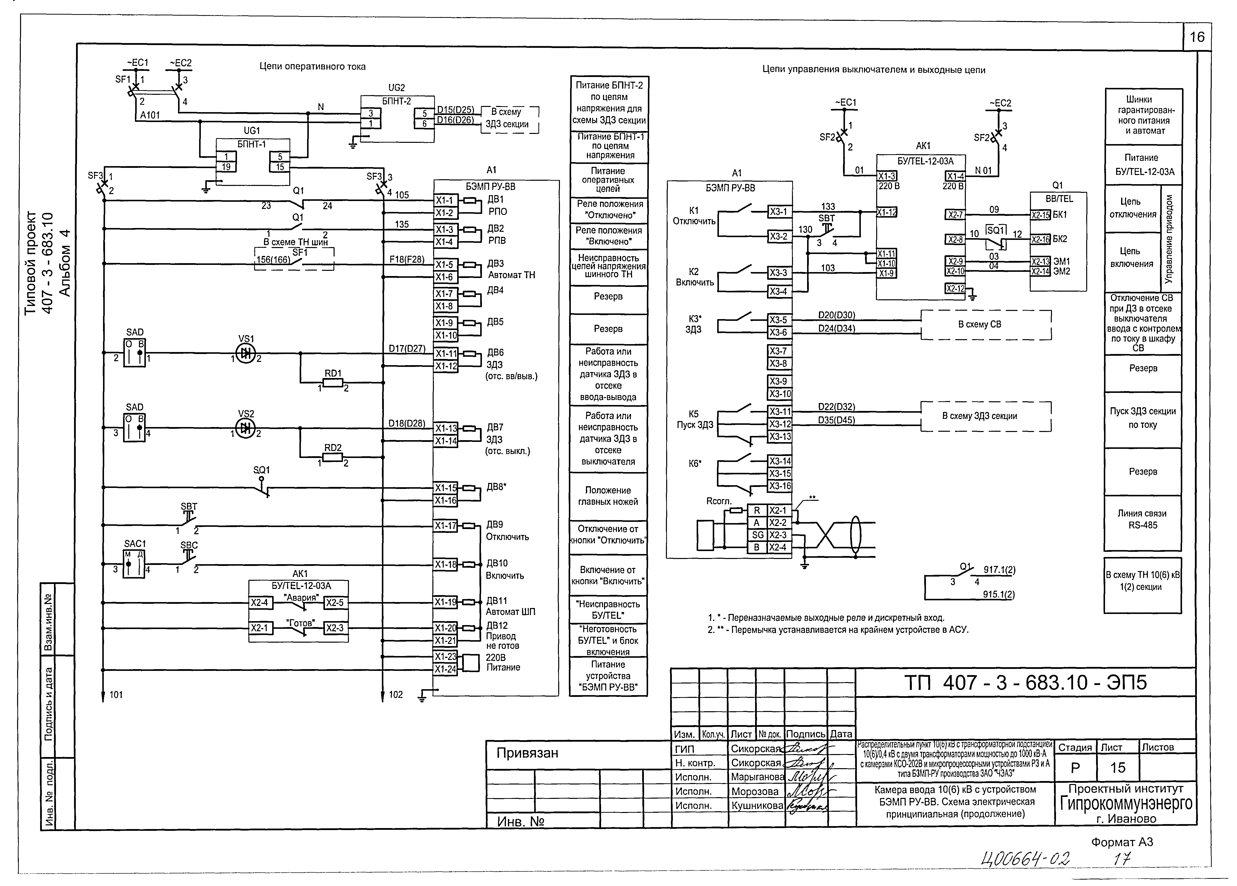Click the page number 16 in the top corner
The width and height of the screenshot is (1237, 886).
(1197, 37)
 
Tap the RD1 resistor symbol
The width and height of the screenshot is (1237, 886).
(333, 383)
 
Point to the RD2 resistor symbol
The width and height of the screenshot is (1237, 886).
(333, 457)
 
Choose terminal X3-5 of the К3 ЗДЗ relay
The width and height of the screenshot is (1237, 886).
(778, 320)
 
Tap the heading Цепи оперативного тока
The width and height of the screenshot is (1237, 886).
(312, 67)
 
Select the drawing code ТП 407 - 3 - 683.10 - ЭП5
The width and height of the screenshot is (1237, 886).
(1025, 683)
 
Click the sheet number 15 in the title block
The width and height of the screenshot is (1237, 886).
(1118, 768)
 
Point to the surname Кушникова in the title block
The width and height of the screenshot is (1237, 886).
(757, 805)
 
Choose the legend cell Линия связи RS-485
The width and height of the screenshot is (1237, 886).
(1143, 520)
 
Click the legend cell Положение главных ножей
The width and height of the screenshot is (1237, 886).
(608, 496)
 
